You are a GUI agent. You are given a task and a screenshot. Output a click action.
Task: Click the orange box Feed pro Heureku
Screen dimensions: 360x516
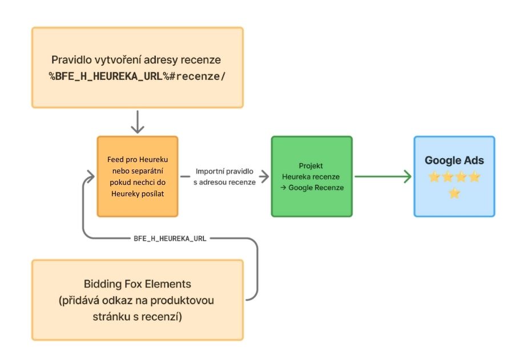click(x=137, y=176)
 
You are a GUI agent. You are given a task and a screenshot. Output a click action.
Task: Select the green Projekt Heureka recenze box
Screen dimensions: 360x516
click(x=312, y=176)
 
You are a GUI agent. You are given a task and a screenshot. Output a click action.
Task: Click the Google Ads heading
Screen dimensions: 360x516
click(x=454, y=160)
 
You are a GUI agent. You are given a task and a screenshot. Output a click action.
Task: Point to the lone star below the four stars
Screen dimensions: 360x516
click(x=454, y=193)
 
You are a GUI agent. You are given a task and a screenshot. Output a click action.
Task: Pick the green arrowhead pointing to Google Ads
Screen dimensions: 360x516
click(x=407, y=177)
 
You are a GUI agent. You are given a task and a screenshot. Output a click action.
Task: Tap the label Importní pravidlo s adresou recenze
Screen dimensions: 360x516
click(x=225, y=176)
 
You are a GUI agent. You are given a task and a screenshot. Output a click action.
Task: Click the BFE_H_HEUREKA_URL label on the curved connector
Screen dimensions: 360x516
click(x=170, y=238)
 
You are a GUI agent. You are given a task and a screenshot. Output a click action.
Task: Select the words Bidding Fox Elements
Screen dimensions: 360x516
click(x=137, y=284)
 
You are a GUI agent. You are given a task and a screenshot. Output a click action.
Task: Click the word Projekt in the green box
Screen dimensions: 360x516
click(x=311, y=165)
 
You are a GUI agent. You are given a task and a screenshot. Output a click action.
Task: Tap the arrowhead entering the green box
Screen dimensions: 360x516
click(x=265, y=177)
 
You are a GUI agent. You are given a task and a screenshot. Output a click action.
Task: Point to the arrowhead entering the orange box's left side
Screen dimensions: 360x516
click(x=89, y=177)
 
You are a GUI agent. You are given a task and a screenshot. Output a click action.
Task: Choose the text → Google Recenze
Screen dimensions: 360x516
click(x=313, y=188)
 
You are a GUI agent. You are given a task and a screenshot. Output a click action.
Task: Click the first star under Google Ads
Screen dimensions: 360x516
click(x=434, y=177)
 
